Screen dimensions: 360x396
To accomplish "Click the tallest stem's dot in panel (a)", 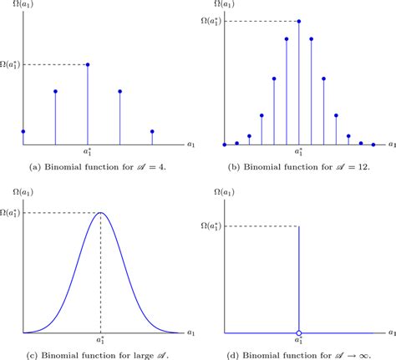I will [88, 64].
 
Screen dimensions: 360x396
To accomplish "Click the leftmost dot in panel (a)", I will [23, 131].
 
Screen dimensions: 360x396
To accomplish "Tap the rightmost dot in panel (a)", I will [152, 131].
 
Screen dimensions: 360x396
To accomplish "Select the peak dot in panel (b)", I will [299, 21].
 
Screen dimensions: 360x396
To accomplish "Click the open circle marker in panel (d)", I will [299, 332].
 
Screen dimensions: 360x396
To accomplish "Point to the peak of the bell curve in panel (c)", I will [100, 212].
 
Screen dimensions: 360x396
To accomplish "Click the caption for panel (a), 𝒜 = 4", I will [97, 167].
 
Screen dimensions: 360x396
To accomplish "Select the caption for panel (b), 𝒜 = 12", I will [299, 167].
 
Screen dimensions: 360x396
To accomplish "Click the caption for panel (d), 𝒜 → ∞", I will [299, 354].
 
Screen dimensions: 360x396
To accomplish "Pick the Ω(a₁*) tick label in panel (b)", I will [210, 21].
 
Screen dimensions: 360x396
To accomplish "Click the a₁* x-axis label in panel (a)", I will [88, 153].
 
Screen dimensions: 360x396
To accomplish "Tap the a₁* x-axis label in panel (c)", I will [100, 341].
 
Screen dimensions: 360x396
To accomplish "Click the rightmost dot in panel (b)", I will [373, 145].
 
